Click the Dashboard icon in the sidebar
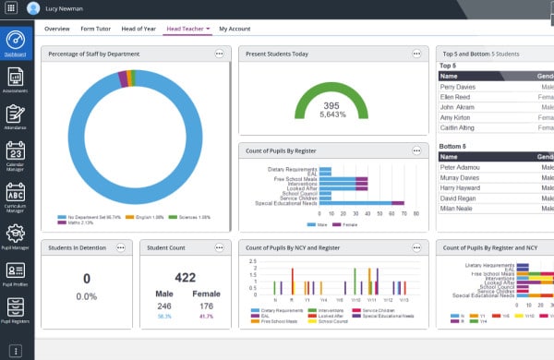pos(15,42)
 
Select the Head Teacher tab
pos(185,30)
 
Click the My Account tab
pos(235,30)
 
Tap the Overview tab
pos(58,30)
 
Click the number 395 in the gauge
pos(331,105)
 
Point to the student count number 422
pos(186,278)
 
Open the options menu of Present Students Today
pos(417,54)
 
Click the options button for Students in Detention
pos(121,247)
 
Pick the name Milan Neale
pos(458,210)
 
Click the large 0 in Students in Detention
pos(86,279)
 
